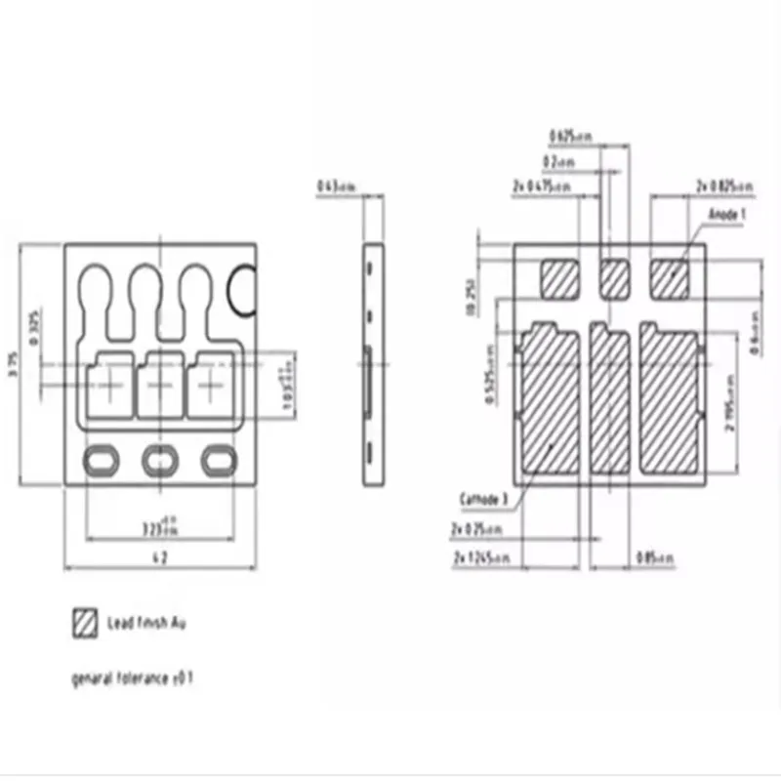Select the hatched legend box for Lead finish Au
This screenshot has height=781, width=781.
point(86,622)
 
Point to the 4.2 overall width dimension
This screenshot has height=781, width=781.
point(160,557)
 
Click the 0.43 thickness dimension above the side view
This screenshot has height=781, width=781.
point(337,186)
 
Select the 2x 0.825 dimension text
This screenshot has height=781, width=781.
point(723,185)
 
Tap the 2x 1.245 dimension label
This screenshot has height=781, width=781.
point(483,557)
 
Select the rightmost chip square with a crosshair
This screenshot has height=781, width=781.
point(212,386)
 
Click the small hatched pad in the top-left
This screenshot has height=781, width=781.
point(560,278)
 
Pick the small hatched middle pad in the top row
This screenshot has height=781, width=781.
point(615,279)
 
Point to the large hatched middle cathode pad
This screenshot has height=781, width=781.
point(611,400)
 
